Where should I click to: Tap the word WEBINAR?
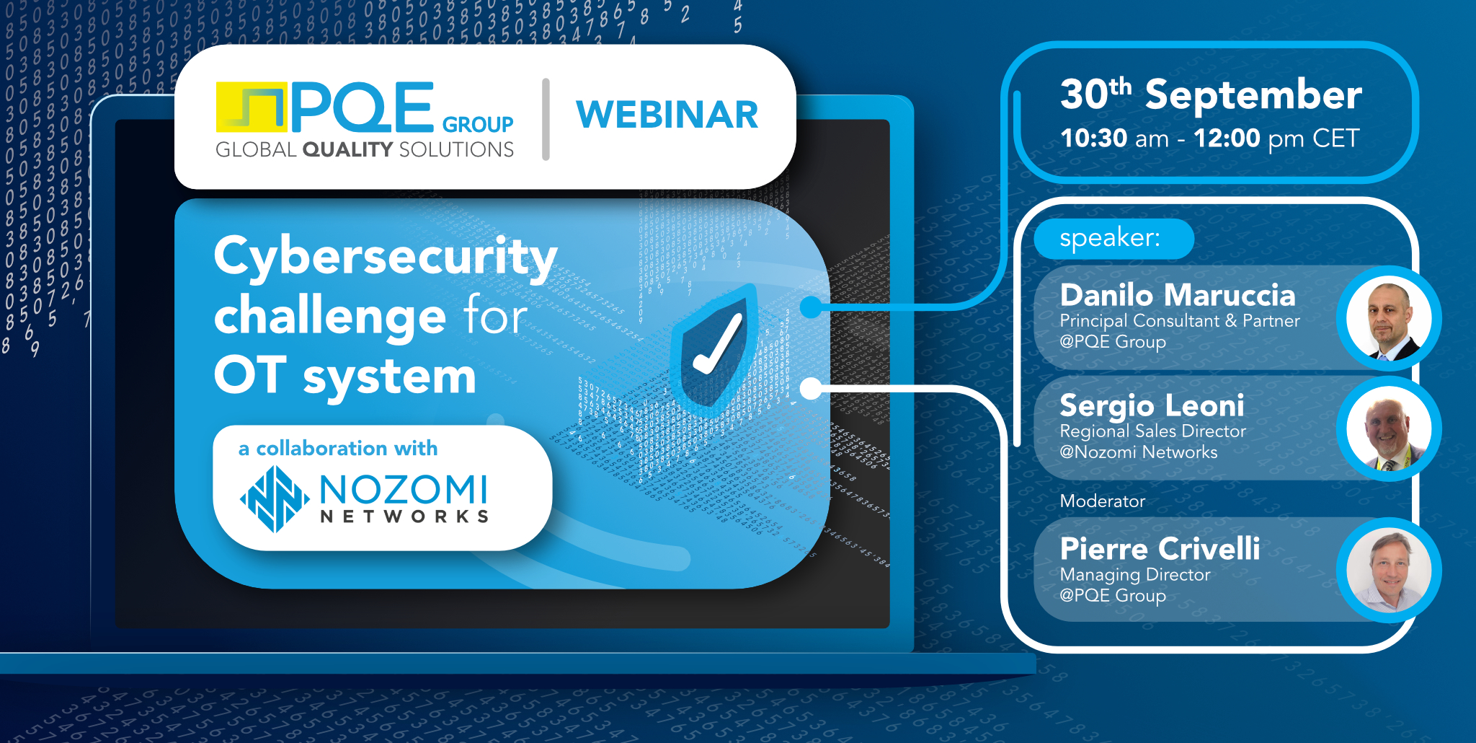click(667, 115)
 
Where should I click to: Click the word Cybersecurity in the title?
click(386, 258)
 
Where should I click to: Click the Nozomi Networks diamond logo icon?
click(274, 498)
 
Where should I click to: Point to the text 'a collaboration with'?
click(338, 449)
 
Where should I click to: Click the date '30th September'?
click(1210, 95)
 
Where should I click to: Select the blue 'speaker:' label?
click(1111, 238)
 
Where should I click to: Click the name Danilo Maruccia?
click(1178, 295)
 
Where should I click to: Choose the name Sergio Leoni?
click(1152, 405)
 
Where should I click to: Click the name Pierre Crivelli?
click(1160, 549)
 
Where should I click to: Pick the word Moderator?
click(1102, 501)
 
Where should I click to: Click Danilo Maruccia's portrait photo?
click(1388, 319)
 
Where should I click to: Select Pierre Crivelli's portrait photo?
click(1388, 571)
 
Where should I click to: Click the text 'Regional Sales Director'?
click(1152, 431)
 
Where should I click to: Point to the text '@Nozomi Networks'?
click(1138, 452)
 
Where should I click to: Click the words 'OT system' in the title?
click(344, 377)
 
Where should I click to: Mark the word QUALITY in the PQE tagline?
click(347, 149)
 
